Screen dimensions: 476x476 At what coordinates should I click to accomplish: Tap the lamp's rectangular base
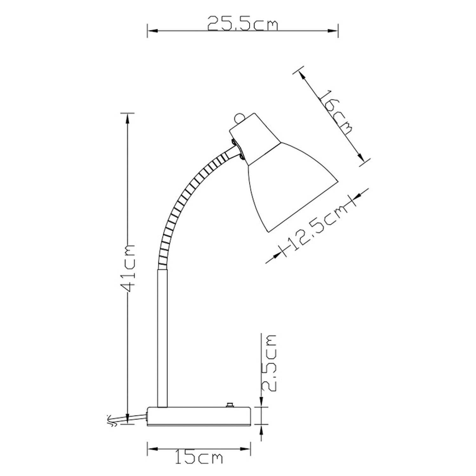[199, 416]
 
